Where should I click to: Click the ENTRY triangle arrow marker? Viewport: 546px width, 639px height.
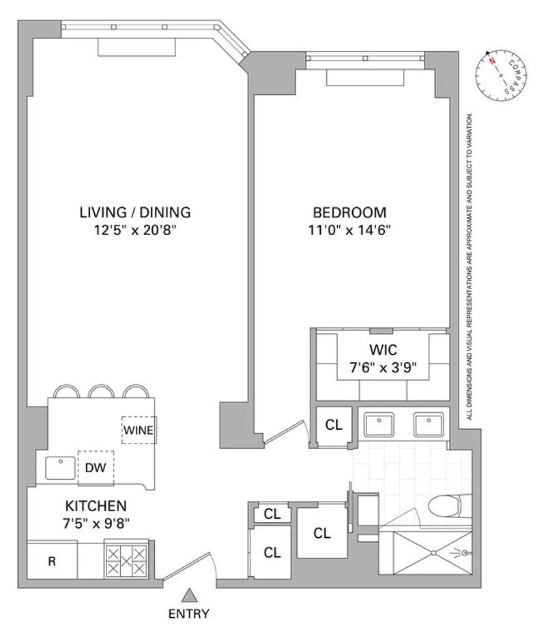pos(189,595)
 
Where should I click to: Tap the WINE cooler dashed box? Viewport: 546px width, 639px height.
pos(139,430)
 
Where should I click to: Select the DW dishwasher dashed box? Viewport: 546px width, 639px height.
pos(96,468)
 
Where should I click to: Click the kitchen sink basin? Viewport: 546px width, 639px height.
pos(60,468)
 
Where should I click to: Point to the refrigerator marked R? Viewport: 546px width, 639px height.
pos(52,561)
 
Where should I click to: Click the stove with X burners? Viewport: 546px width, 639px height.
pos(126,562)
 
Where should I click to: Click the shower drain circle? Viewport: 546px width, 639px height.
pos(433,553)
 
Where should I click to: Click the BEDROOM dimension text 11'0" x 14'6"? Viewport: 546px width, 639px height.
pos(349,231)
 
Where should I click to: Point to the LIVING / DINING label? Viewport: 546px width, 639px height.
pos(135,213)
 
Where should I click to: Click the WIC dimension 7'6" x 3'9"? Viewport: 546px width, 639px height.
pos(384,368)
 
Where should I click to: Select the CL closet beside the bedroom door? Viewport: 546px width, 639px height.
pos(334,425)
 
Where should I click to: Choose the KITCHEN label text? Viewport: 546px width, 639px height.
pos(96,506)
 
